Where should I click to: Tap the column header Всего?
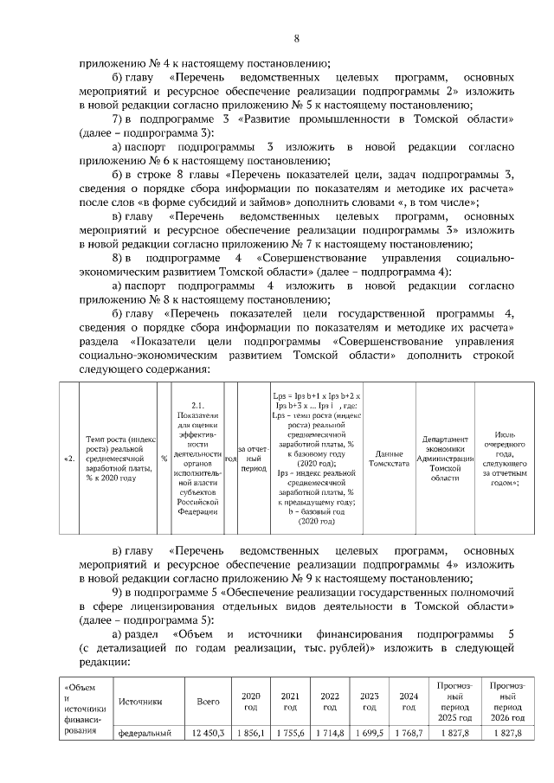[208, 701]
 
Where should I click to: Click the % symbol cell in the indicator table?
[164, 459]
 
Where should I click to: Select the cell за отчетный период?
[229, 459]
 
